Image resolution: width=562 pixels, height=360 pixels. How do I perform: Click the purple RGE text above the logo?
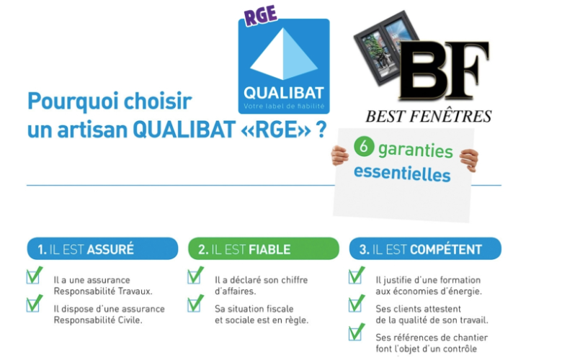[x=262, y=15]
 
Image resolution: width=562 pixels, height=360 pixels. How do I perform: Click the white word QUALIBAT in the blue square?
[x=284, y=93]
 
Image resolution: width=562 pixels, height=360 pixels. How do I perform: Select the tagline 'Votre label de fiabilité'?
[x=284, y=107]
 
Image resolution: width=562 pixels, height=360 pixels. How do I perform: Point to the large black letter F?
[x=466, y=70]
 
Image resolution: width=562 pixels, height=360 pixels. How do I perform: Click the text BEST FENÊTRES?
[x=428, y=117]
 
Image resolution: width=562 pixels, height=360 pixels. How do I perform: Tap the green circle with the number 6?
[x=364, y=146]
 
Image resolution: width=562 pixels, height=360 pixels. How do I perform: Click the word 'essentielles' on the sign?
[x=402, y=174]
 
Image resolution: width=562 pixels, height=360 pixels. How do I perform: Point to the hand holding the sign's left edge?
[x=339, y=156]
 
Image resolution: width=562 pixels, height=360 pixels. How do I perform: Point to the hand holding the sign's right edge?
[x=470, y=160]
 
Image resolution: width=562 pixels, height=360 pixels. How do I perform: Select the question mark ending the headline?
[x=321, y=129]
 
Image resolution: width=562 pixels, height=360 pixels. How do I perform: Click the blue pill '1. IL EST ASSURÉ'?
[x=102, y=248]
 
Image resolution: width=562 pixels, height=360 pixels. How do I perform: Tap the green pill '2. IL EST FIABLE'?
[x=264, y=248]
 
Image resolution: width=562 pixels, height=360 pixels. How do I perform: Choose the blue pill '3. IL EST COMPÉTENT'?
[x=425, y=248]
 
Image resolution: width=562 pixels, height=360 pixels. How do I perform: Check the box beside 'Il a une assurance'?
[x=34, y=276]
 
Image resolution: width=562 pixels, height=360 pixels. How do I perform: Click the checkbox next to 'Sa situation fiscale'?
[x=195, y=304]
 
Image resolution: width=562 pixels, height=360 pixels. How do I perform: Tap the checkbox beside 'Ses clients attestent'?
[x=356, y=304]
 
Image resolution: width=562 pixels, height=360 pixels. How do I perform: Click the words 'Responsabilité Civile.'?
[x=98, y=320]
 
